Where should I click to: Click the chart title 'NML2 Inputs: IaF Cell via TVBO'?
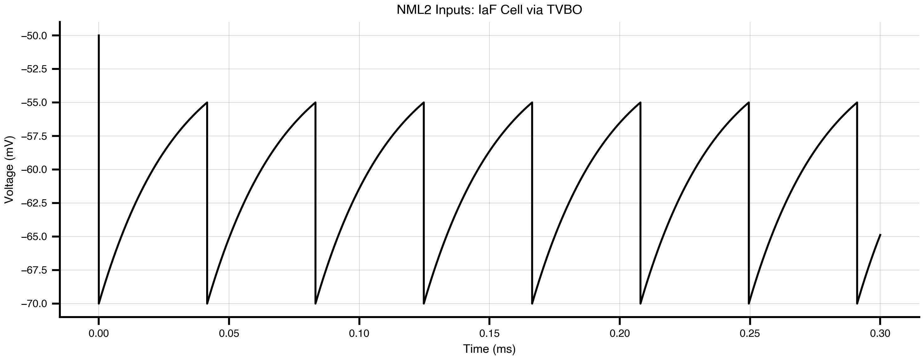tap(489, 10)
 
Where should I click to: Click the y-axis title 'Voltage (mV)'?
tap(9, 170)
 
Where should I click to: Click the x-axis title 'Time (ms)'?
tap(489, 349)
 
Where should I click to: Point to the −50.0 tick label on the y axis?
tap(34, 35)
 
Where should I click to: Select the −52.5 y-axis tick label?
tap(34, 69)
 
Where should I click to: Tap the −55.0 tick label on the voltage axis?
tap(34, 102)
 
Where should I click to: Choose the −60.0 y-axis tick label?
tap(34, 170)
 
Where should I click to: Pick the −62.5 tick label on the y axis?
tap(34, 203)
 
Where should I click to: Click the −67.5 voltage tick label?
tap(34, 270)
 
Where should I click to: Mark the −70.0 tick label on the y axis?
tap(34, 304)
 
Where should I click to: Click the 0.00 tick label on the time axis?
tap(99, 333)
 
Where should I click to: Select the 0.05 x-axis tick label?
tap(229, 333)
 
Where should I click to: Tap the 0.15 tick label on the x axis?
tap(489, 333)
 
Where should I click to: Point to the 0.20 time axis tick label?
tap(619, 333)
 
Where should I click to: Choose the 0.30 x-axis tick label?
tap(880, 333)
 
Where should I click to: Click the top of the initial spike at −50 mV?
tap(99, 35)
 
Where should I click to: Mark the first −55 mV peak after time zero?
tap(207, 102)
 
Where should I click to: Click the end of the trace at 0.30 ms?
tap(880, 234)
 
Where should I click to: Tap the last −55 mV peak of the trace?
tap(857, 102)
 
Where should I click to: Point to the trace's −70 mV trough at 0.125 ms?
tap(424, 304)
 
